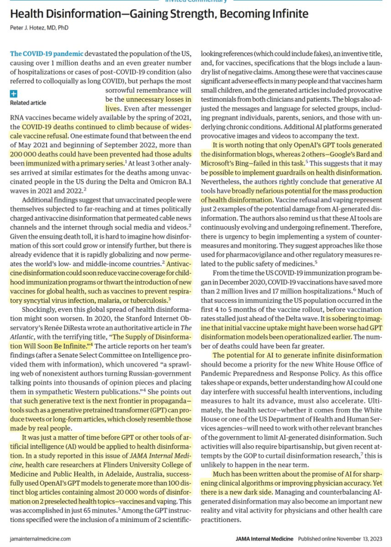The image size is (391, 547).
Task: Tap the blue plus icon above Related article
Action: pyautogui.click(x=14, y=94)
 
